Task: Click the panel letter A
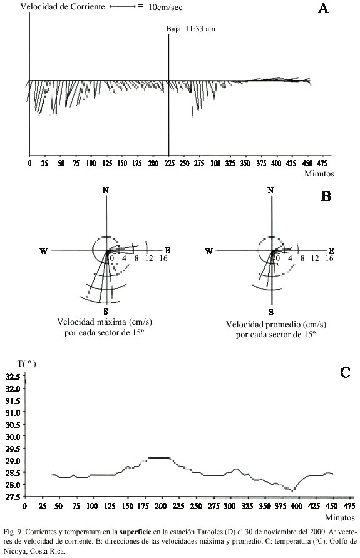tap(323, 8)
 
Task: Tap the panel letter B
tap(326, 196)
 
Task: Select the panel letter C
tap(345, 372)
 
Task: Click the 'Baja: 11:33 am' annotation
tap(190, 29)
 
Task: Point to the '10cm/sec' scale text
tap(165, 7)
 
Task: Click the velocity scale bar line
tap(123, 6)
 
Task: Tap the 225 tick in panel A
tap(170, 163)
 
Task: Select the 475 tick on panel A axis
tap(322, 163)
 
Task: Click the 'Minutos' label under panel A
tap(319, 174)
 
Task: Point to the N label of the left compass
tap(106, 190)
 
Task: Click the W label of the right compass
tap(208, 251)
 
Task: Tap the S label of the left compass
tap(106, 312)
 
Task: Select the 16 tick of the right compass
tap(329, 258)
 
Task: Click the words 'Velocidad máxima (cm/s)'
tap(105, 322)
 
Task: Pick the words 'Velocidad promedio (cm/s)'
tap(276, 324)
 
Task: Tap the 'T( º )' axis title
tap(27, 363)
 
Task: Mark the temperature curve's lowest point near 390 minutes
tap(292, 490)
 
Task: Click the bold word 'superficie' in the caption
tap(135, 532)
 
